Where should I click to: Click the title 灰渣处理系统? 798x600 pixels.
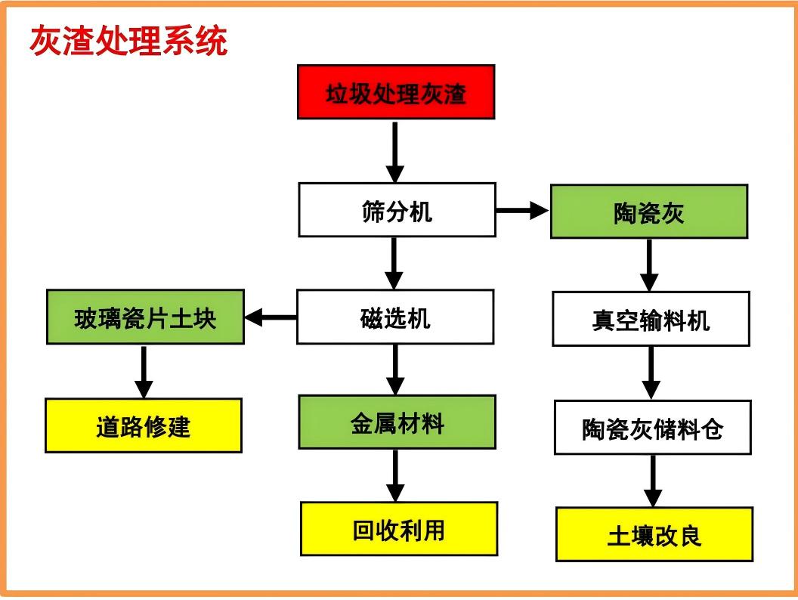point(128,41)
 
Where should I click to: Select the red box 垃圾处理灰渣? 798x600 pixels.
point(396,92)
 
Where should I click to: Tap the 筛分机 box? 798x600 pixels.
point(397,209)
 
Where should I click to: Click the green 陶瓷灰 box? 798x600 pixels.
point(649,212)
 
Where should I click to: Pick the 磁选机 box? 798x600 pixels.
point(395,317)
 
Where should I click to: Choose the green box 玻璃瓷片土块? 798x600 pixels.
point(146,317)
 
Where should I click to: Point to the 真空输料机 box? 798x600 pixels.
point(651,319)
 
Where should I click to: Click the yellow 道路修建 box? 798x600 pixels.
point(144,425)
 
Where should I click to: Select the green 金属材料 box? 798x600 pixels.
point(397,422)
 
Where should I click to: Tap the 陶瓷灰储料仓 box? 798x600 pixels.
point(652,428)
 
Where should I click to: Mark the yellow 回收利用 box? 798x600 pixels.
point(399,529)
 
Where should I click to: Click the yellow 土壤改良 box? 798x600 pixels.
point(654,534)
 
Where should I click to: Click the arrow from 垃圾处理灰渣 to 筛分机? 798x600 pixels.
point(395,152)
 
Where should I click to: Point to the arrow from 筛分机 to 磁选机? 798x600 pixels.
point(394,264)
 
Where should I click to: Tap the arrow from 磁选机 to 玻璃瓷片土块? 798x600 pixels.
point(271,317)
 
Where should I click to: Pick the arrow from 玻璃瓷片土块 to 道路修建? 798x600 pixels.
point(144,372)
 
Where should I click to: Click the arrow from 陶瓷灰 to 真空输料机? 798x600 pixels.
point(649,265)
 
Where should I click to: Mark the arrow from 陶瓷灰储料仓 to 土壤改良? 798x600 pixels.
point(653,481)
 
